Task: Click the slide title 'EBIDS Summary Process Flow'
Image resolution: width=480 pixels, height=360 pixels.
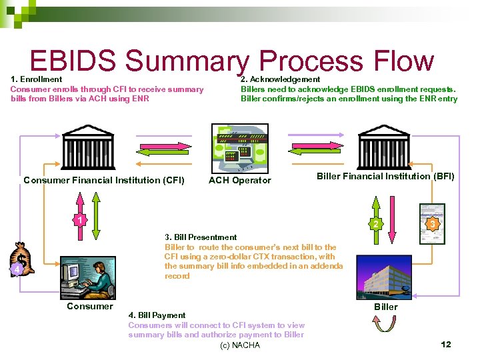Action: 232,61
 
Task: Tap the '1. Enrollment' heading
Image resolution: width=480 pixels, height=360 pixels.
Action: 37,79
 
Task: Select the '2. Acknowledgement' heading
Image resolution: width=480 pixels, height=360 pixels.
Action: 281,79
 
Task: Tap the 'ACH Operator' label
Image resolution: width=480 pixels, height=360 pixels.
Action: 240,180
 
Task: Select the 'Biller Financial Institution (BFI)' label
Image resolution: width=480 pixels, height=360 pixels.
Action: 385,177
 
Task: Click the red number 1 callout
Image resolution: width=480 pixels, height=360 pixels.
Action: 79,220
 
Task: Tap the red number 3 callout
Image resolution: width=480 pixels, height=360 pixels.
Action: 433,224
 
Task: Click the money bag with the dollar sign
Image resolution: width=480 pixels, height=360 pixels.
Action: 21,259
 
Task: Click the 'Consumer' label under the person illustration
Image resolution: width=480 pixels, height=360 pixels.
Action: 90,307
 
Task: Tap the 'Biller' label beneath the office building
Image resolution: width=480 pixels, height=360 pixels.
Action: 385,307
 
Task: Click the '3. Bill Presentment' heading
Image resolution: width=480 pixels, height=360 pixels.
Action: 201,237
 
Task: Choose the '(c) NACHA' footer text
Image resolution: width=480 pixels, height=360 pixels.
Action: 240,345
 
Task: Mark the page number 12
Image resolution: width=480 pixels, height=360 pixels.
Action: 446,345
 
